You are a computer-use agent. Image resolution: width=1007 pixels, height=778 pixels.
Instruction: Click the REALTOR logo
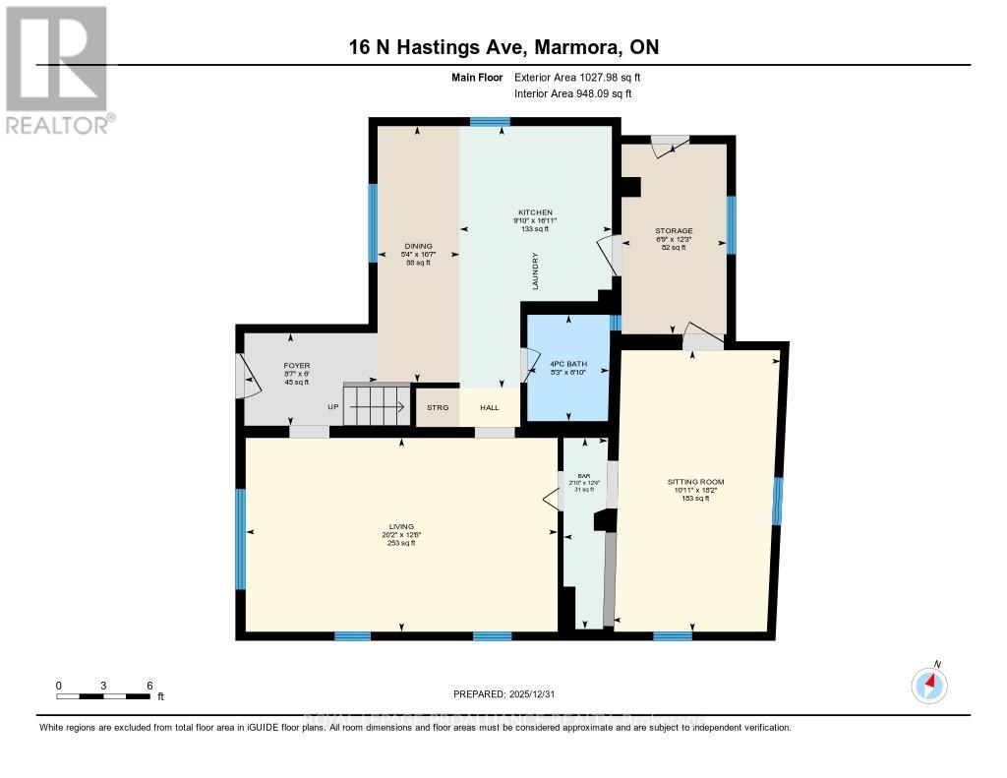click(x=57, y=69)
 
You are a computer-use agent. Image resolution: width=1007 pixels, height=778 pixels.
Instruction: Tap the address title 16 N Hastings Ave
click(x=503, y=47)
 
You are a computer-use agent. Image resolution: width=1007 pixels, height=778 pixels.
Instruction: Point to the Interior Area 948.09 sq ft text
click(x=573, y=93)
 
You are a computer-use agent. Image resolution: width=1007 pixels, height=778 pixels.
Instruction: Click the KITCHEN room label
click(x=536, y=212)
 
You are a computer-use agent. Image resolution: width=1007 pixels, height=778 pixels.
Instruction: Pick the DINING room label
click(x=419, y=247)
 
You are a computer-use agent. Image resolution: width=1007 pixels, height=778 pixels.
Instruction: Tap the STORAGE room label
click(x=674, y=231)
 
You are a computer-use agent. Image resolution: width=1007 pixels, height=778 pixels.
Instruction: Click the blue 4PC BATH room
click(x=567, y=366)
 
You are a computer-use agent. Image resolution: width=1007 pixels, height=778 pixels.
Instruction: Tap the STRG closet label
click(x=437, y=407)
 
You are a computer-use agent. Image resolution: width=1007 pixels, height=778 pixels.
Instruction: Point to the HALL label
click(x=489, y=407)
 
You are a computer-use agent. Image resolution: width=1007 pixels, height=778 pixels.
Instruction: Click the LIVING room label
click(x=400, y=526)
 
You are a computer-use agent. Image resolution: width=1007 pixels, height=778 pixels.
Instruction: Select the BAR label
click(x=584, y=475)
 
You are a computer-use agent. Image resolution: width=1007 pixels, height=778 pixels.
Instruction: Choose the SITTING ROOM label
click(x=695, y=482)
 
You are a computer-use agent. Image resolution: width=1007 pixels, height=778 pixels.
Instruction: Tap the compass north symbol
click(x=928, y=685)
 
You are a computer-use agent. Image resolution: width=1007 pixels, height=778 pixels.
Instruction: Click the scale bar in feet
click(x=103, y=696)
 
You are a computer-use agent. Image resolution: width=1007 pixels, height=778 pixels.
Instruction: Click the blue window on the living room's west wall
click(x=240, y=538)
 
